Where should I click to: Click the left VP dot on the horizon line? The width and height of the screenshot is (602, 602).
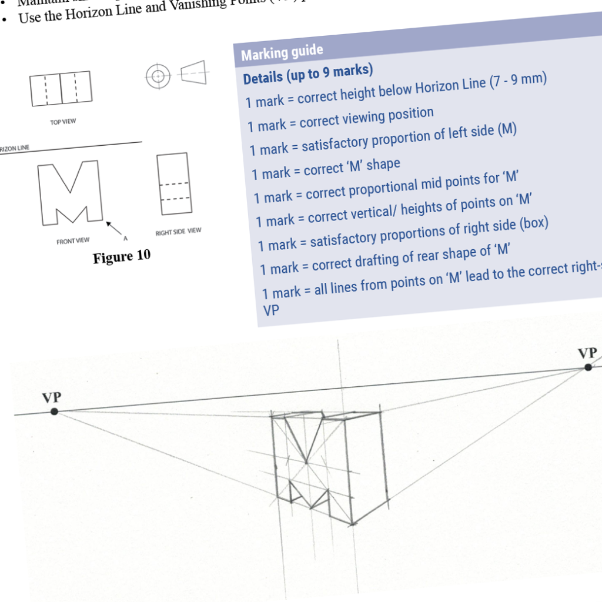click(54, 412)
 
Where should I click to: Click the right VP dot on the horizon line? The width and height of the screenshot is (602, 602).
click(587, 367)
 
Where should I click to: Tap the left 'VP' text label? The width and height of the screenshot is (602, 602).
click(52, 398)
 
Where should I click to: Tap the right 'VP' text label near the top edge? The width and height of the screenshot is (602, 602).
click(587, 353)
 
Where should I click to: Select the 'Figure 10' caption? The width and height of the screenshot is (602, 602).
click(122, 256)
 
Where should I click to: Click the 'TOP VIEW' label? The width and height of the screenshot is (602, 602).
click(63, 122)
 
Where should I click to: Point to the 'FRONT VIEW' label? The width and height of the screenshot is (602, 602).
click(73, 241)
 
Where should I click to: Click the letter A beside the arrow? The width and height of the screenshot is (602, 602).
click(125, 239)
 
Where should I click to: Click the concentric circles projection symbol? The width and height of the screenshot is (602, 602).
click(158, 76)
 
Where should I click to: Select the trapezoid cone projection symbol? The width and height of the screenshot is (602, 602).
click(193, 73)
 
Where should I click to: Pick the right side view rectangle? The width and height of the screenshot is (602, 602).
click(175, 184)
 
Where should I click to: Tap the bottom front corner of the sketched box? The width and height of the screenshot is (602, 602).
click(353, 523)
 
